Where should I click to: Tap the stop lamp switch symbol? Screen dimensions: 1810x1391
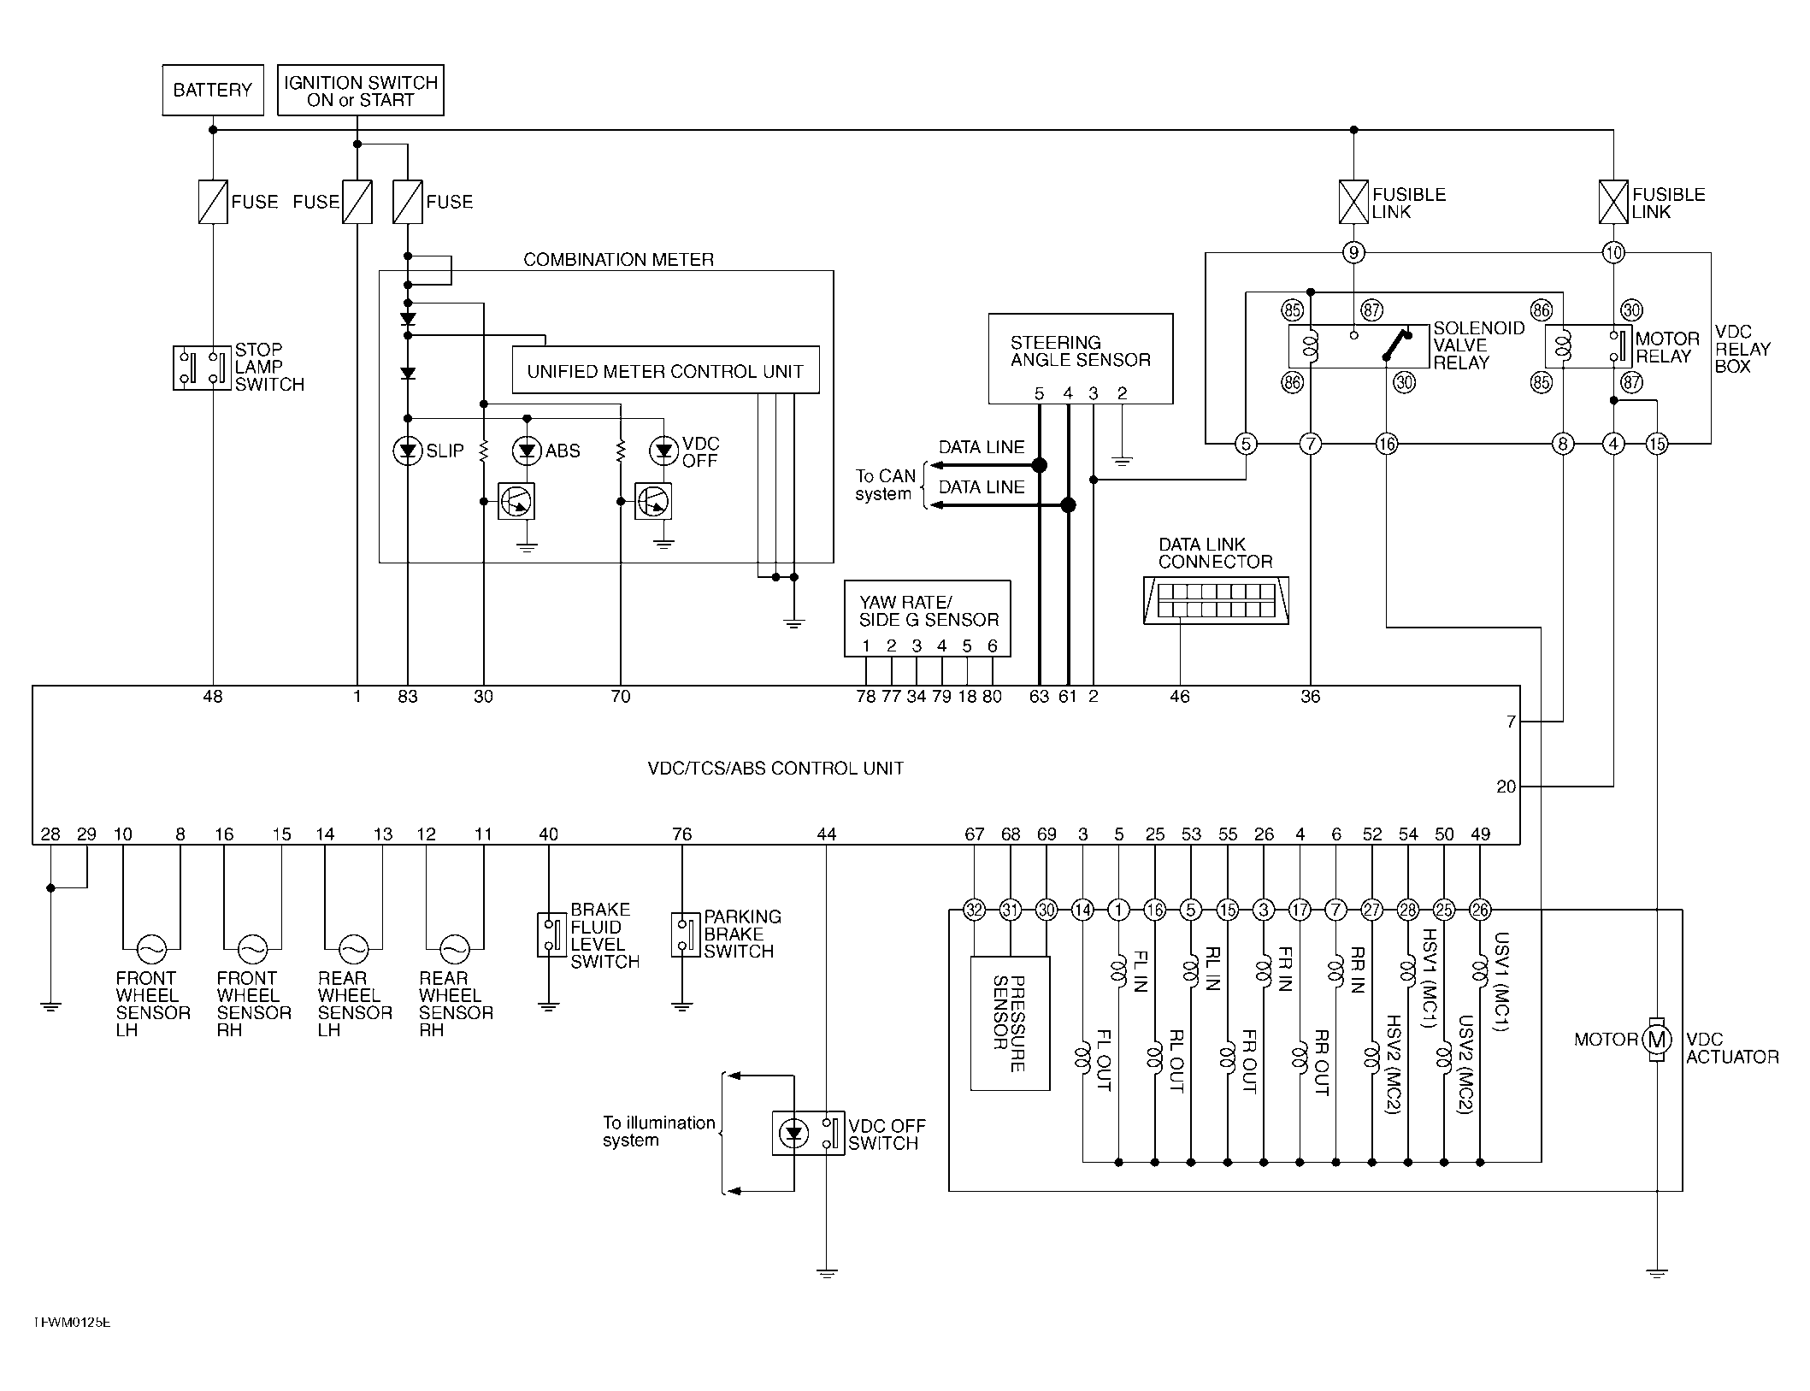pyautogui.click(x=203, y=368)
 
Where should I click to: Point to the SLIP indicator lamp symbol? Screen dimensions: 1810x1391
pyautogui.click(x=408, y=451)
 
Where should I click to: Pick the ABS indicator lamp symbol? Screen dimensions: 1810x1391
pyautogui.click(x=527, y=451)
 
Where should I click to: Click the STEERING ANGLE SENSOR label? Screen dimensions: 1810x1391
pyautogui.click(x=1081, y=351)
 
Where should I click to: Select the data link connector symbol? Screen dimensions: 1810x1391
pyautogui.click(x=1216, y=600)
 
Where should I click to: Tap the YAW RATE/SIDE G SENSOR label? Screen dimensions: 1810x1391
pyautogui.click(x=929, y=611)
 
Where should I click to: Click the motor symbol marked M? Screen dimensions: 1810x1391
pyautogui.click(x=1657, y=1040)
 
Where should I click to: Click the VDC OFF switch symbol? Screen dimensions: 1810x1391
pyautogui.click(x=808, y=1134)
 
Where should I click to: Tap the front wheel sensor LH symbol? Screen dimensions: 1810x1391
pyautogui.click(x=152, y=949)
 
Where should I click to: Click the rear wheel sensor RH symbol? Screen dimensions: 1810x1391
pyautogui.click(x=454, y=949)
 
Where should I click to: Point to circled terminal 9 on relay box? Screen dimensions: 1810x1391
pyautogui.click(x=1353, y=252)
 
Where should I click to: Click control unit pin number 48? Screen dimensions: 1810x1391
pyautogui.click(x=213, y=697)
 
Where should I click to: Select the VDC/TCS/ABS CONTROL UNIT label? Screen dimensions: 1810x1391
pyautogui.click(x=775, y=769)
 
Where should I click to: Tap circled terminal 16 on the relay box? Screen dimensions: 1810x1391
pyautogui.click(x=1387, y=444)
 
